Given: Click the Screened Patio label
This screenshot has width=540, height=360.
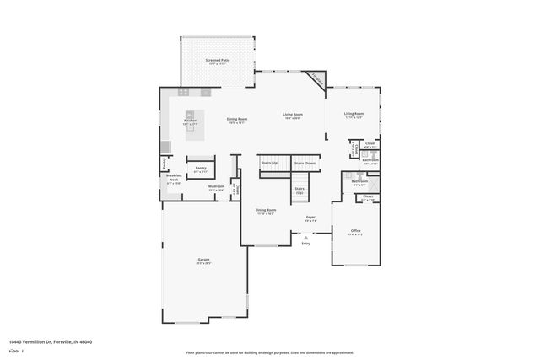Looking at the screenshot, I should (x=218, y=61).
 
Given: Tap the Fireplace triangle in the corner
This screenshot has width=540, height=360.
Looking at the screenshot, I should (x=316, y=78).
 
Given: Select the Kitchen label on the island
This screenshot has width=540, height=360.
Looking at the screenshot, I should (x=191, y=121).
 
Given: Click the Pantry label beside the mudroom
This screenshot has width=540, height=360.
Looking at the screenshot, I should (x=201, y=168).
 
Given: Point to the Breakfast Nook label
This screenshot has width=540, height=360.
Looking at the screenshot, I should (x=174, y=178).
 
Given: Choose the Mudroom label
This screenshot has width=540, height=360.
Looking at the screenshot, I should (x=216, y=186).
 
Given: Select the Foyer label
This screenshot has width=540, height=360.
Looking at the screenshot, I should (x=310, y=217).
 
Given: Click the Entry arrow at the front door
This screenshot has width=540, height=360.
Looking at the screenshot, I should (x=305, y=239).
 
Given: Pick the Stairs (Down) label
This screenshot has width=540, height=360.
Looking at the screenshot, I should (x=305, y=162).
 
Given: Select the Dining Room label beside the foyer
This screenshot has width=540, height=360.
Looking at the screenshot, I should (x=266, y=210).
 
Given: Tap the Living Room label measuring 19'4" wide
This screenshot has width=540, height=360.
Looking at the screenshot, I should (x=293, y=114).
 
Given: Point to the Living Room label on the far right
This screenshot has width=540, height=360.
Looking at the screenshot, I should (x=354, y=114).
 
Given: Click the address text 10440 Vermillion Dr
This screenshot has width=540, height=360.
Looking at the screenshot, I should (x=51, y=341).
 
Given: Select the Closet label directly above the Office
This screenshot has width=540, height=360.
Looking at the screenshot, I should (x=368, y=196).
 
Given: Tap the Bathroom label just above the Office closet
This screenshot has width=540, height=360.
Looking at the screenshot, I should (x=359, y=181).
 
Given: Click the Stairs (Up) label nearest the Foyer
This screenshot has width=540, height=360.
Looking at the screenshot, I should (x=300, y=190).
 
